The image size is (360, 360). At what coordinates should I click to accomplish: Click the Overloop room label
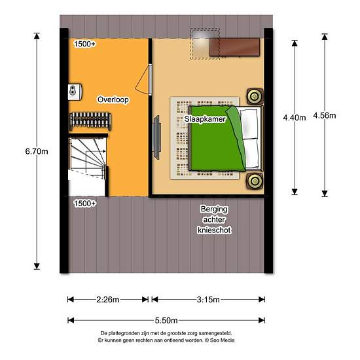coord(113,99)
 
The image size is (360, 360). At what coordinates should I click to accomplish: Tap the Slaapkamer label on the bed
coord(205,119)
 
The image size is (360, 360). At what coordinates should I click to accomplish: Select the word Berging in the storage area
coord(214,209)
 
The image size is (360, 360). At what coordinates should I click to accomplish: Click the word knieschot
coord(214,230)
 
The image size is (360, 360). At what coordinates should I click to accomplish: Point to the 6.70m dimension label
coord(37,152)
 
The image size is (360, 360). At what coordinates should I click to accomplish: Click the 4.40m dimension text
coord(295,118)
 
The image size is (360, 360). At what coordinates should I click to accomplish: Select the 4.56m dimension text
coord(325,115)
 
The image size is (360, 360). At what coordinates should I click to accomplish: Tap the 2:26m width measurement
coord(108,300)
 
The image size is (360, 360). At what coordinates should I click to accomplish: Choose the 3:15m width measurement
coord(208,300)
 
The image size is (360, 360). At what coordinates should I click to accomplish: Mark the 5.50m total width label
coord(166,321)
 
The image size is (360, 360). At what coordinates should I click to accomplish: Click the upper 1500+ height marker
coord(84,44)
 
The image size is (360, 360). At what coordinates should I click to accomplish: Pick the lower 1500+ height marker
coord(84,204)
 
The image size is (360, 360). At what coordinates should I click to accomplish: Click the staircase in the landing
coord(88,166)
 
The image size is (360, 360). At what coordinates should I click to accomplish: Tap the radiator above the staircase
coord(90,121)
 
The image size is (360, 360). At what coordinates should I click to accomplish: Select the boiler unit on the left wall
coord(75,92)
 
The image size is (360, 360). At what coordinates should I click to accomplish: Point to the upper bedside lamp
coord(255,96)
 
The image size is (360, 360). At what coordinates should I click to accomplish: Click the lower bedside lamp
coord(255,181)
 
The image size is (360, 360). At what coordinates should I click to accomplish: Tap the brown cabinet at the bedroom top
coord(234,47)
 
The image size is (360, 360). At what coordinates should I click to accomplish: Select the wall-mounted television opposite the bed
coord(156,137)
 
